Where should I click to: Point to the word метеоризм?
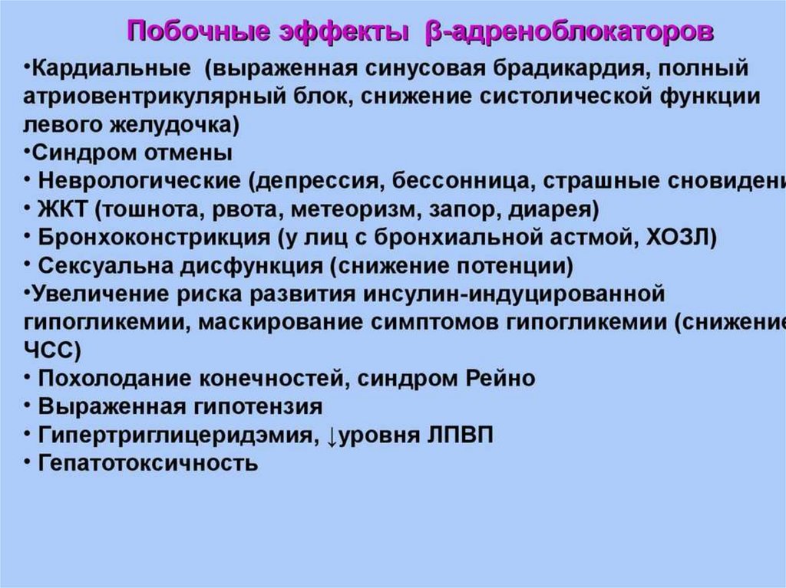click(348, 209)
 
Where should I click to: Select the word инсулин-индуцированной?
click(537, 294)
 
